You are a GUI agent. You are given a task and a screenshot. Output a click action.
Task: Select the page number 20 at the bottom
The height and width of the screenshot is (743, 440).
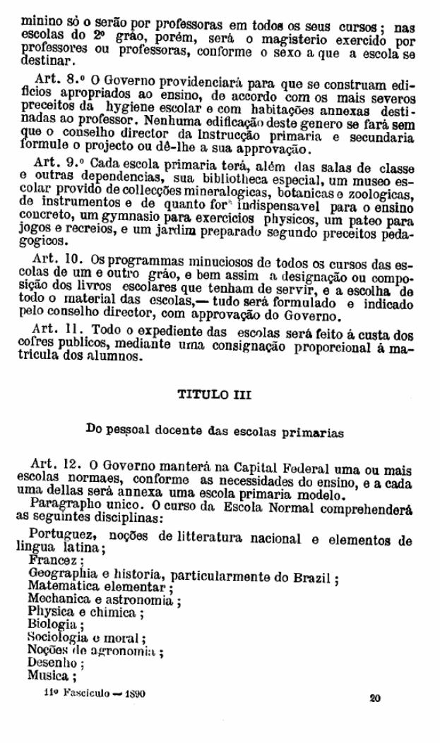[x=374, y=699]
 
